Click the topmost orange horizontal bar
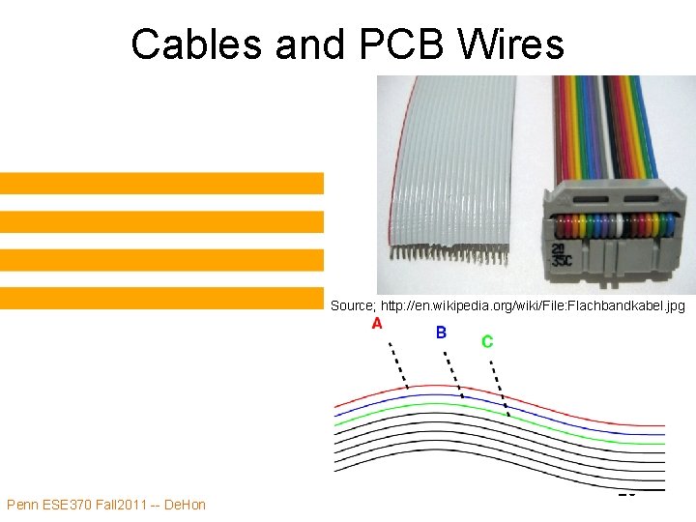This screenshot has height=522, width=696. point(161,183)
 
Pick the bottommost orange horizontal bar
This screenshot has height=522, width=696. point(161,298)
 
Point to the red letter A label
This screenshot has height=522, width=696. point(376,324)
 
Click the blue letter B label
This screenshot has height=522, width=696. point(441,333)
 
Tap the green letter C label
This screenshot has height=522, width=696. point(487,341)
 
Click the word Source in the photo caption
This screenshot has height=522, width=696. point(350,305)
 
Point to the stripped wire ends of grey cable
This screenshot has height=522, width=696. point(449,255)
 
